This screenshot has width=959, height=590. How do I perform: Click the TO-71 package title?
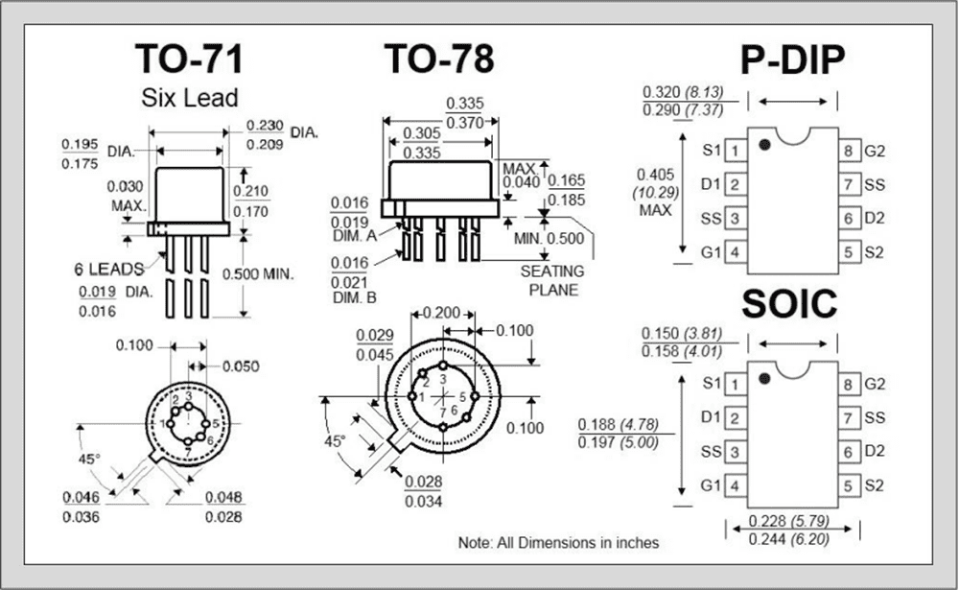[x=188, y=59]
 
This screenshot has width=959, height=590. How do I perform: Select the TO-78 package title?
[x=439, y=59]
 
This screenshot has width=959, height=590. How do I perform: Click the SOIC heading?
[x=789, y=304]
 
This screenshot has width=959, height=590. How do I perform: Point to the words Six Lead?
[x=189, y=98]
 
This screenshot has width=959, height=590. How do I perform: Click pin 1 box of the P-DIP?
[x=735, y=151]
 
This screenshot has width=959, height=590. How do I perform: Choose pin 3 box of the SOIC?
[x=735, y=451]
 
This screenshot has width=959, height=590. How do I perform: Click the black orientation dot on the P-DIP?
[x=764, y=145]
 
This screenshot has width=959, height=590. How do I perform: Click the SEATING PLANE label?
[x=552, y=281]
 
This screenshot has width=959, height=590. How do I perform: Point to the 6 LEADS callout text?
[x=107, y=268]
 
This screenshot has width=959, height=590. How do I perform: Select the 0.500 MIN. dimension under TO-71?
[x=257, y=274]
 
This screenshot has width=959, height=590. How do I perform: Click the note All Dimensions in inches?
[x=558, y=543]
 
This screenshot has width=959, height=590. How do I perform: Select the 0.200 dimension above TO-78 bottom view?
[x=442, y=314]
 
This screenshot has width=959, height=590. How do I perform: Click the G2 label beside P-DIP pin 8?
[x=875, y=151]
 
